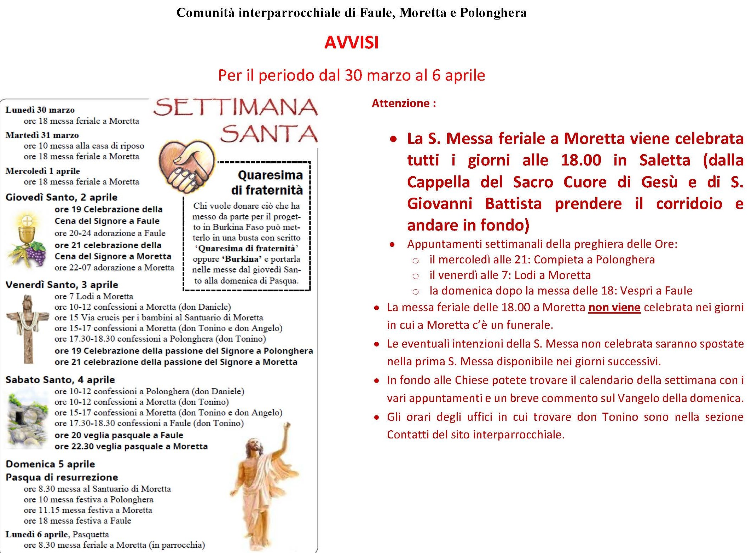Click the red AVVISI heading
(x=351, y=43)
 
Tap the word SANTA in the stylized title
(x=269, y=134)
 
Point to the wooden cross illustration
(x=28, y=329)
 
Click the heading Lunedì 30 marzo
(x=40, y=110)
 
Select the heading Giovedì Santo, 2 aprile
(x=62, y=197)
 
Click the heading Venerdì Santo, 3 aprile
(x=62, y=285)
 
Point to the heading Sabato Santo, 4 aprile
(x=60, y=380)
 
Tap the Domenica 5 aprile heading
(x=50, y=464)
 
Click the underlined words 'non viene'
(x=614, y=307)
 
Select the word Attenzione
(x=400, y=103)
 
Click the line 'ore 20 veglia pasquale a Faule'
(x=119, y=435)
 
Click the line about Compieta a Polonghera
(x=542, y=260)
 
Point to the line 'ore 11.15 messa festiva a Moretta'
(x=88, y=510)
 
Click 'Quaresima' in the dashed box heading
(x=270, y=175)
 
